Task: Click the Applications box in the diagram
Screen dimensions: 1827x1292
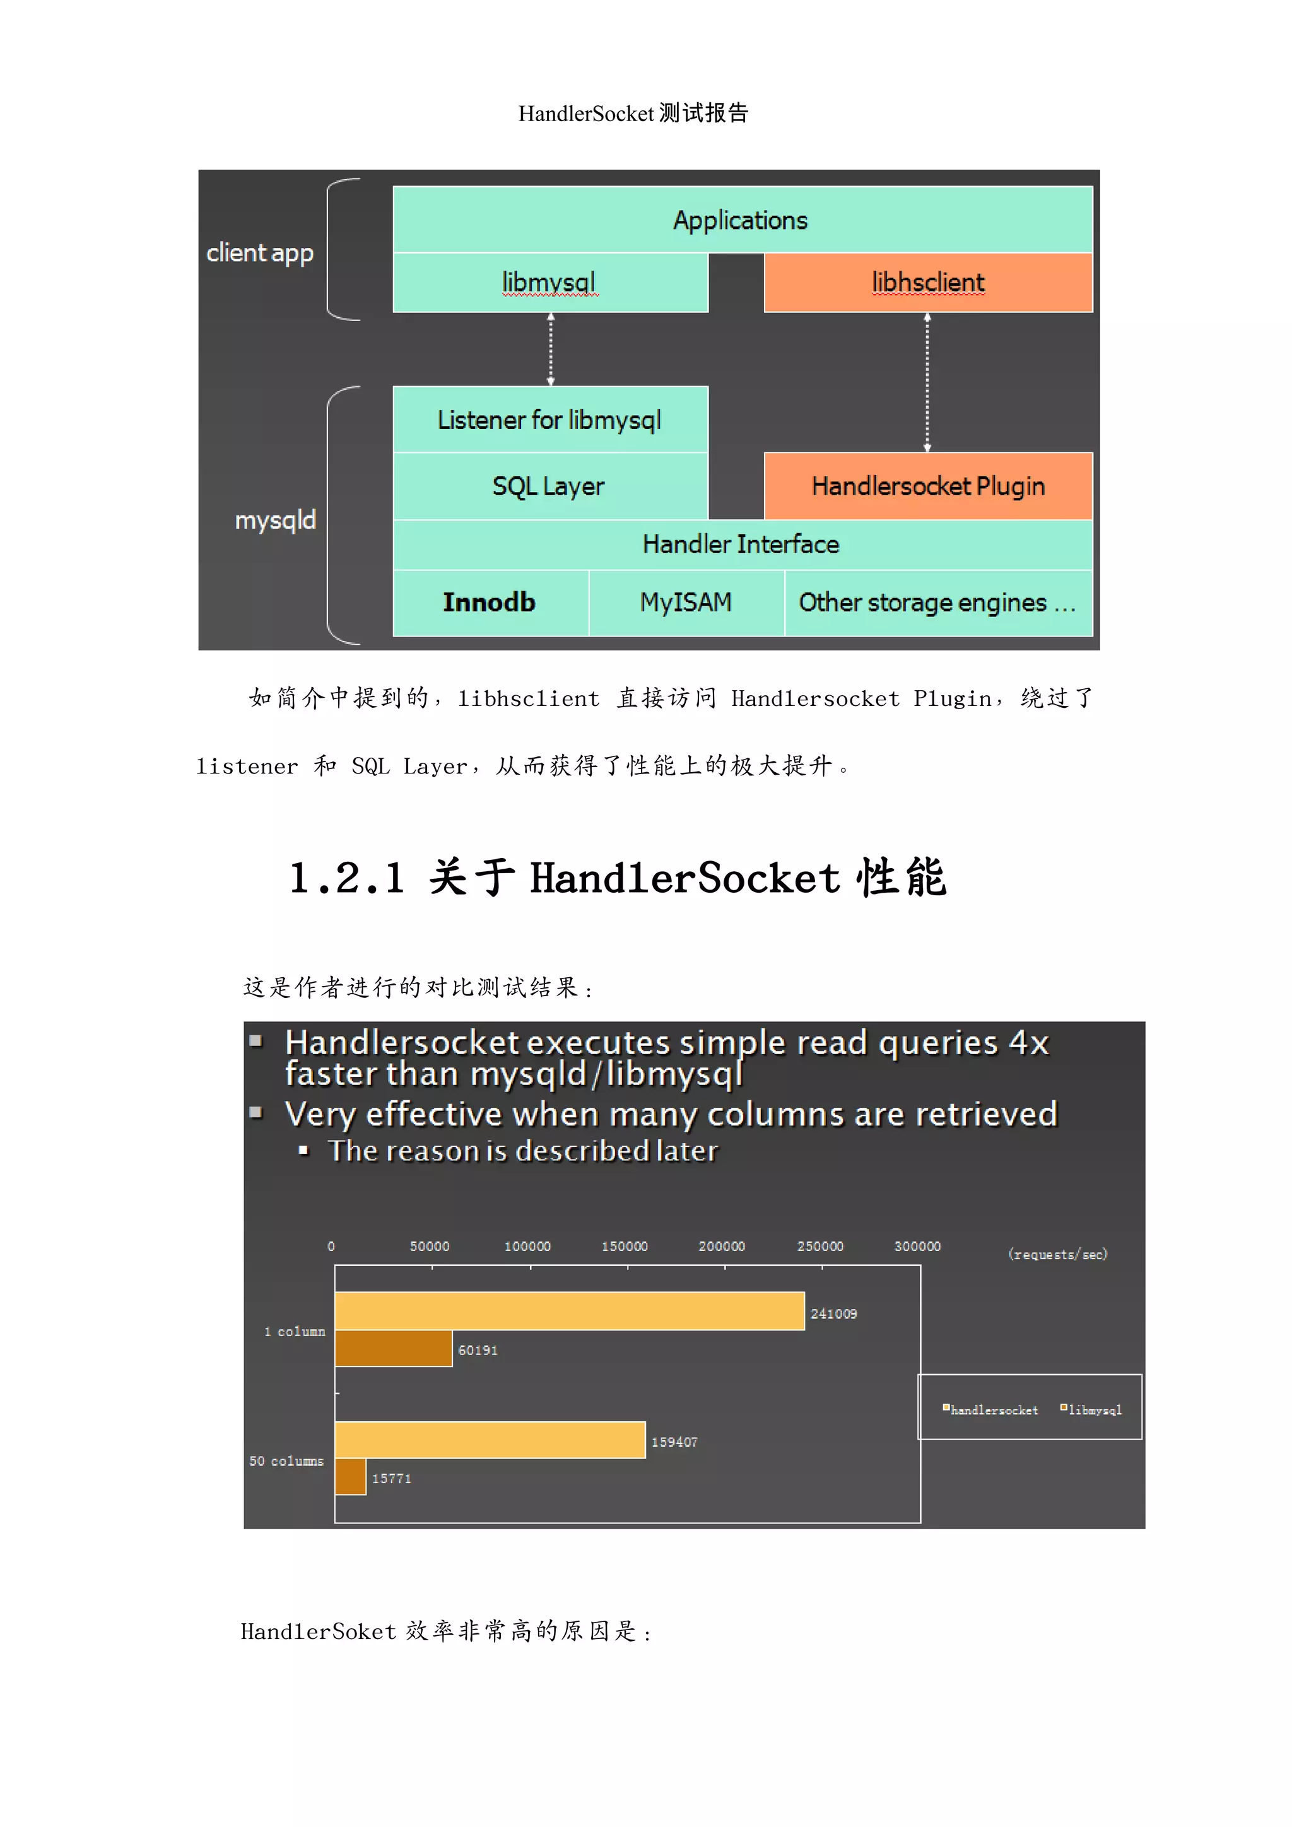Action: [x=741, y=220]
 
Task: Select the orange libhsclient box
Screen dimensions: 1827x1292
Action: [x=927, y=283]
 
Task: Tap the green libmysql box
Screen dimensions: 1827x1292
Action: [x=549, y=283]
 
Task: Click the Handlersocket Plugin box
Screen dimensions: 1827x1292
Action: [x=927, y=486]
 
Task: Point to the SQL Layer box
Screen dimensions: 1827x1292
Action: [x=549, y=486]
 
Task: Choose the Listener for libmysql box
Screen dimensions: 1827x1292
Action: [x=549, y=420]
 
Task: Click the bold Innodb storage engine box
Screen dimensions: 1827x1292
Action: [x=490, y=602]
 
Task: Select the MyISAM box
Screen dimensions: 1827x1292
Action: [x=686, y=602]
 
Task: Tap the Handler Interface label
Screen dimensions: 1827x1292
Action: [x=741, y=544]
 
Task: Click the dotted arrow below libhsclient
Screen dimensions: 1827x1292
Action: [x=927, y=382]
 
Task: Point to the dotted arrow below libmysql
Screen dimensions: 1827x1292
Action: [x=551, y=348]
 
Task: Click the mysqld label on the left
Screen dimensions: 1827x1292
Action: [x=275, y=520]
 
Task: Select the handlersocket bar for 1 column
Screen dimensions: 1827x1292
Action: [x=569, y=1310]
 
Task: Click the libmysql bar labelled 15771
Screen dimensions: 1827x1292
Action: [x=350, y=1477]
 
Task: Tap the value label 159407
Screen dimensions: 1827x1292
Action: [x=674, y=1442]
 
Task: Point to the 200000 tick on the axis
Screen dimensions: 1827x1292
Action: [x=722, y=1246]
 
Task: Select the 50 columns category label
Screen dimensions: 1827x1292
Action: [x=286, y=1461]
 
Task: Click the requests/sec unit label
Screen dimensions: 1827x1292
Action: [x=1057, y=1254]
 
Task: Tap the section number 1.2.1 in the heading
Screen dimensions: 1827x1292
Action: [x=347, y=879]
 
